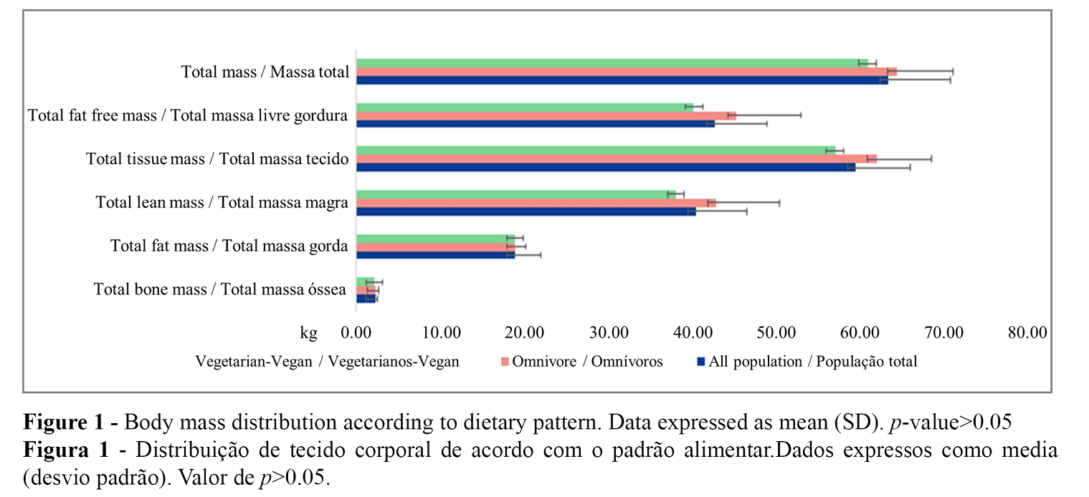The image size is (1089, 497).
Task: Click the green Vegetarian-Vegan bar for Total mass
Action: (x=609, y=63)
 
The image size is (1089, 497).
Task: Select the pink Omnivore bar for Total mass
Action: (x=624, y=72)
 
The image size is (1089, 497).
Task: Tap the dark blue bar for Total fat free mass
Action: (x=534, y=124)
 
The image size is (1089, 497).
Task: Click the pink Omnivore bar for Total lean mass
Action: (x=534, y=203)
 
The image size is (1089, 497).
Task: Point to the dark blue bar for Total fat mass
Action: (x=434, y=255)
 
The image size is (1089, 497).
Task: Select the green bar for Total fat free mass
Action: (x=523, y=107)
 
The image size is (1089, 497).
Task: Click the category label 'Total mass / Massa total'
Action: (x=265, y=72)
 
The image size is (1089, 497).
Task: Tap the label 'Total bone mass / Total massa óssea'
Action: (x=221, y=290)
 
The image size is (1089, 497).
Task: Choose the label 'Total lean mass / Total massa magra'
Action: (x=222, y=203)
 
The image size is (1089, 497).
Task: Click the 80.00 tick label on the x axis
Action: (x=1027, y=333)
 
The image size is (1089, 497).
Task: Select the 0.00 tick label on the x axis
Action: (x=356, y=333)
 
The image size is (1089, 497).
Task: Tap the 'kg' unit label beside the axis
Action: (x=308, y=333)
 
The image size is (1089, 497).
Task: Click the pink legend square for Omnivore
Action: (x=504, y=361)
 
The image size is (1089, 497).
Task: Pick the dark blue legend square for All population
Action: (x=701, y=361)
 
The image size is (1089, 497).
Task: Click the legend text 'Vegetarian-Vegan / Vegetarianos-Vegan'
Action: (x=327, y=361)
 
